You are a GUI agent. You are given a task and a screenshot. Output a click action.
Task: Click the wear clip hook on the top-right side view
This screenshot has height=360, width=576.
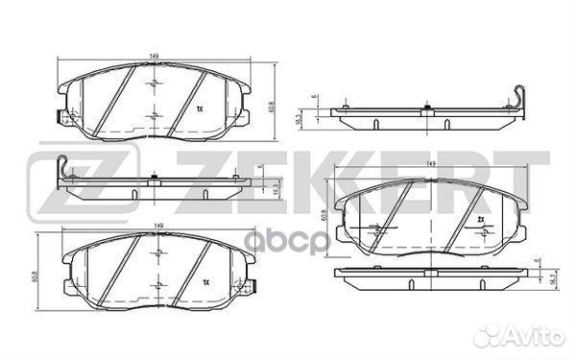(x=519, y=96)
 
